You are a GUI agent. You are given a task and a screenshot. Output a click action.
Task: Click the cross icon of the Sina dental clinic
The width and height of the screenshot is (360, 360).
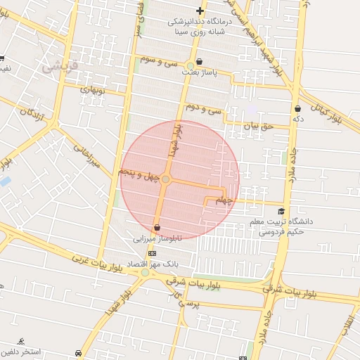[x=200, y=11]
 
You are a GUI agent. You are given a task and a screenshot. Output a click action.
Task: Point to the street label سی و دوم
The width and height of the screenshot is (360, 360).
[x=204, y=109]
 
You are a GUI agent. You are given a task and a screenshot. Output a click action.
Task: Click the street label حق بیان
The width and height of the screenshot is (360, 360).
[x=257, y=127]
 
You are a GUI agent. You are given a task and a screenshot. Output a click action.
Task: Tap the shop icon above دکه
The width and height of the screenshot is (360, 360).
[x=298, y=109]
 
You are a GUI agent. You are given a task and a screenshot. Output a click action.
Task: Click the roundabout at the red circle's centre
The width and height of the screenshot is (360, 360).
[x=165, y=180]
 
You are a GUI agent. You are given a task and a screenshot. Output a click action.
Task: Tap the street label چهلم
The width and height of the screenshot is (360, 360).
[x=223, y=201]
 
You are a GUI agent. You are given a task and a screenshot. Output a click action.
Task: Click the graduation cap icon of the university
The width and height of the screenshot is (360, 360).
[x=281, y=212]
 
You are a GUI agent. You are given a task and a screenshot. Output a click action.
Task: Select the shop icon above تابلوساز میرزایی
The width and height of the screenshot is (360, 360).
[x=156, y=228]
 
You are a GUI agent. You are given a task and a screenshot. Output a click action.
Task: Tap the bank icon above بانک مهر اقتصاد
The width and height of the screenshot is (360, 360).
[x=151, y=252]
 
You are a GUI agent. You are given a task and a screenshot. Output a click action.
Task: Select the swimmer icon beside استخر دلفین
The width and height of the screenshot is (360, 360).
[x=22, y=342]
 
